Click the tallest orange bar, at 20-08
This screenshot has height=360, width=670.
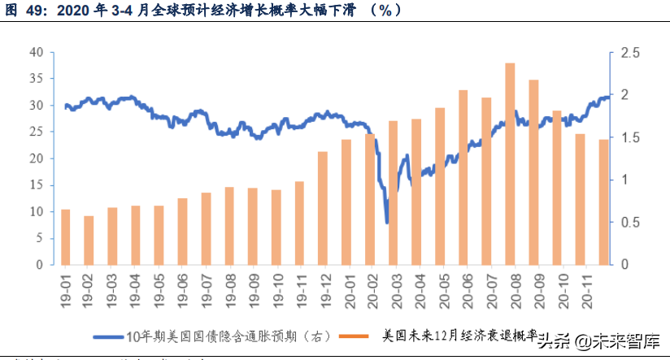tap(510, 163)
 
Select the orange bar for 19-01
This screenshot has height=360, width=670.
tap(66, 236)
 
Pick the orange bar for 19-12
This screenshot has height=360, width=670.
tap(323, 208)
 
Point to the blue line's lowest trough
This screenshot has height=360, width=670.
tap(387, 222)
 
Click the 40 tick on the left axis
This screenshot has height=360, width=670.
tap(36, 52)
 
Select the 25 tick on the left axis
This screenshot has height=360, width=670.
tap(36, 132)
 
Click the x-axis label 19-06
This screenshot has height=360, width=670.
tap(183, 288)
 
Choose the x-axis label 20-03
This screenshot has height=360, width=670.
tap(394, 288)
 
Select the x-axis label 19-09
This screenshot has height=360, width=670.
tap(253, 288)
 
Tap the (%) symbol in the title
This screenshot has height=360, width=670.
tap(384, 11)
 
